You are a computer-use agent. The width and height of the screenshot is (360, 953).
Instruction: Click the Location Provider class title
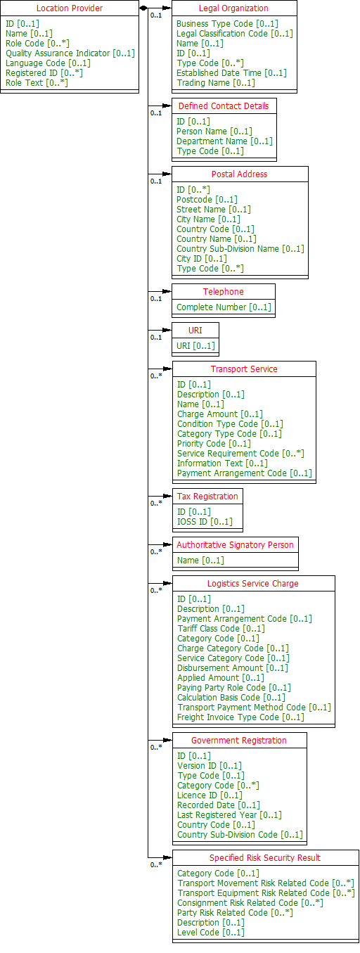[70, 8]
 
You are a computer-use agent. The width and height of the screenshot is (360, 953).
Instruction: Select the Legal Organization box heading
[233, 8]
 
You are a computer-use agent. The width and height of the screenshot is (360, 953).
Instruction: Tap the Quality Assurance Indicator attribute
[70, 53]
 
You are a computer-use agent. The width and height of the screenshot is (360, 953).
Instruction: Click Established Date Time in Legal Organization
[231, 72]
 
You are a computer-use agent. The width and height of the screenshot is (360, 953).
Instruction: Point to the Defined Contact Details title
[224, 106]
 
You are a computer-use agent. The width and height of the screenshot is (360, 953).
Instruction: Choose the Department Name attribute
[224, 141]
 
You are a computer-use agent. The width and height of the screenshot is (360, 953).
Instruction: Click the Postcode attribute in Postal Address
[207, 200]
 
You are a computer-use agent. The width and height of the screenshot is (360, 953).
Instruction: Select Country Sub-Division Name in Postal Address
[240, 249]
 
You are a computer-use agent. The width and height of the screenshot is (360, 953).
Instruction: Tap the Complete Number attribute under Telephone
[224, 307]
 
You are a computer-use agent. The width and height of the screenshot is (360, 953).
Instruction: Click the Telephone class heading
[224, 291]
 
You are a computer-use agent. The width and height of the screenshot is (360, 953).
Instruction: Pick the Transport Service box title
[244, 369]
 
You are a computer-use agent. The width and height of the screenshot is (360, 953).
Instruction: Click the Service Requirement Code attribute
[240, 454]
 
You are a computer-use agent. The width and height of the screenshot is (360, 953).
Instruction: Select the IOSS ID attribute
[205, 522]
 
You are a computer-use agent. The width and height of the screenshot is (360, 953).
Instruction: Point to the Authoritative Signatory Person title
[235, 544]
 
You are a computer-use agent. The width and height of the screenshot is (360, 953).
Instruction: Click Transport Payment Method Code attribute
[254, 707]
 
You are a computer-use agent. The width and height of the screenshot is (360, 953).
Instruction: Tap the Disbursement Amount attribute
[232, 668]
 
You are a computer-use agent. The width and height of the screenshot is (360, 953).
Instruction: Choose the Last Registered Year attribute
[229, 814]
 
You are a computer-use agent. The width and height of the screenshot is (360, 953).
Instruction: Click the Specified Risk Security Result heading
[264, 858]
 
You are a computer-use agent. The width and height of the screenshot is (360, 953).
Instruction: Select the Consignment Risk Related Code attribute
[250, 902]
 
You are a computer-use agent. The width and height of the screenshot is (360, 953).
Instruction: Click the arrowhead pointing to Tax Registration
[167, 496]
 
